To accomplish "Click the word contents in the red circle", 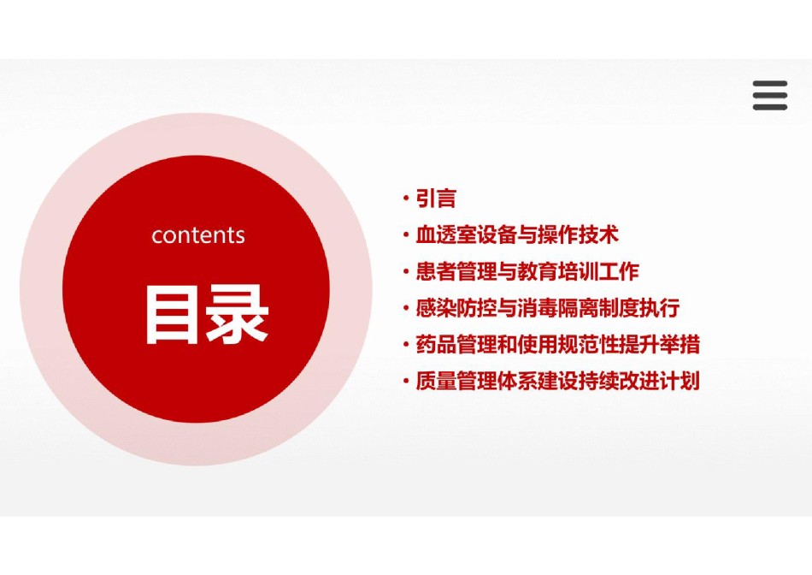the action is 197,235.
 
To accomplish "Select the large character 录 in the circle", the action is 237,315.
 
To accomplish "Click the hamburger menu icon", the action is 770,95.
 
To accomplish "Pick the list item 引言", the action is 436,199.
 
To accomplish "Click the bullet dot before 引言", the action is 406,199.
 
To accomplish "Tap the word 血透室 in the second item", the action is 446,234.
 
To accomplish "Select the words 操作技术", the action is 579,234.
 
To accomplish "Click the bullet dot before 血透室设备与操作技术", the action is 406,234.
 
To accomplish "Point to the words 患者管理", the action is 456,271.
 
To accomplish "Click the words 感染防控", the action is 456,308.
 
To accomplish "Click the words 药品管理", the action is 456,344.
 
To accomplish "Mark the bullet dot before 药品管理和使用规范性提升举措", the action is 406,344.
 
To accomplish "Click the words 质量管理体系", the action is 476,381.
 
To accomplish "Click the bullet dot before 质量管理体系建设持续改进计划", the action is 406,381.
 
